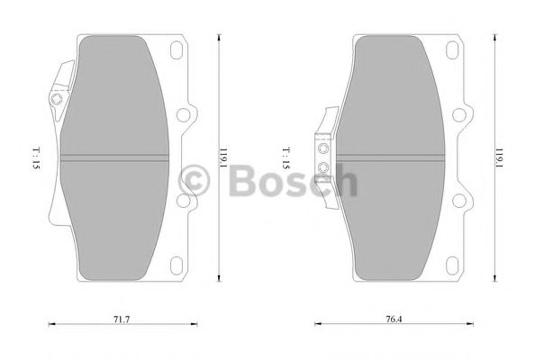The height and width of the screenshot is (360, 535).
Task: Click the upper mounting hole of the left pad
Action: click(x=187, y=114)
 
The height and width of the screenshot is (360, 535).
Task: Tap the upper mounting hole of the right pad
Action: click(x=463, y=114)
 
